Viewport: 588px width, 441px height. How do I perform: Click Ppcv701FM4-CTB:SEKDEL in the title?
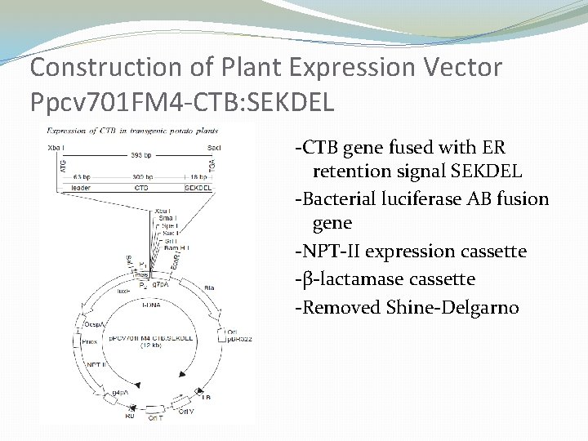[x=180, y=102]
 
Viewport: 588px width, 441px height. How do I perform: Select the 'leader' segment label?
[x=82, y=187]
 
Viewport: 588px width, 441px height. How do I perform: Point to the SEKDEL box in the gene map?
[x=198, y=187]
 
